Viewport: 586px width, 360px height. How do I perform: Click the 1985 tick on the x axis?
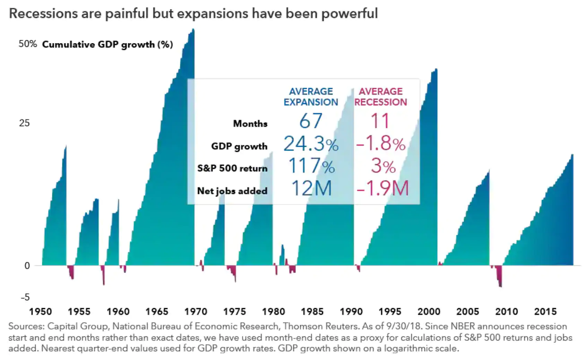[x=312, y=311]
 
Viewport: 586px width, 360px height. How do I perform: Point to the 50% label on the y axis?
[x=28, y=44]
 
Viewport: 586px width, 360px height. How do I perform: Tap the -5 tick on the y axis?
[x=25, y=297]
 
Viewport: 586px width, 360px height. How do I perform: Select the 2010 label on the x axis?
[x=506, y=311]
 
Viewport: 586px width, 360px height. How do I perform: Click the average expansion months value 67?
[x=311, y=121]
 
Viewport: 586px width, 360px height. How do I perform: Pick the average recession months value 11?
[x=380, y=121]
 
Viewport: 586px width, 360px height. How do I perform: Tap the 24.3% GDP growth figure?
[x=311, y=144]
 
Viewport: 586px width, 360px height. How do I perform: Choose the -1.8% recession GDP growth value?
[x=381, y=144]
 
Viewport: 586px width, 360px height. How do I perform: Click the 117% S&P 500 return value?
[x=311, y=166]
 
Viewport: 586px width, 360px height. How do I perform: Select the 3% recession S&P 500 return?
[x=383, y=166]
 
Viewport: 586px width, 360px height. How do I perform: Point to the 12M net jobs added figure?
[x=311, y=189]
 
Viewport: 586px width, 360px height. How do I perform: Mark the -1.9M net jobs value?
[x=382, y=189]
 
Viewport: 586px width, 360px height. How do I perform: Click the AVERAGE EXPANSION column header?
[x=311, y=97]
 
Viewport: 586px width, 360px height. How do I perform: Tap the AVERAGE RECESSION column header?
[x=380, y=97]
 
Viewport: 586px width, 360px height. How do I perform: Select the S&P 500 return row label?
[x=232, y=168]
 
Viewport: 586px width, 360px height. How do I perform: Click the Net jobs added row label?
[x=232, y=191]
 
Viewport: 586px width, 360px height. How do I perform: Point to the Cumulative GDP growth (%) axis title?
[x=107, y=44]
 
